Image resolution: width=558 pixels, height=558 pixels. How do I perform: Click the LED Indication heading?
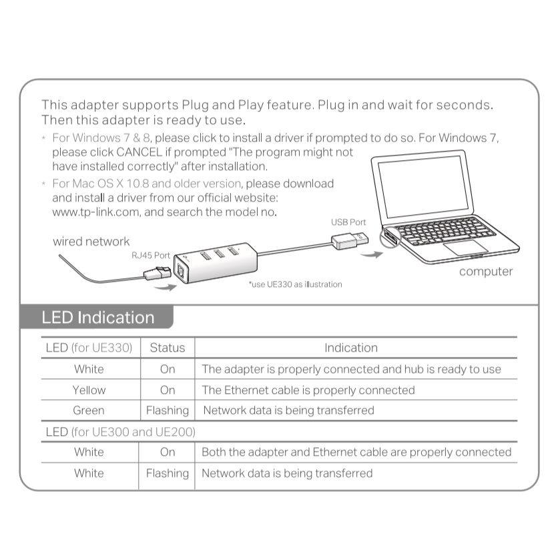(97, 317)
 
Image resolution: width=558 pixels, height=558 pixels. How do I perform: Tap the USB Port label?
(348, 222)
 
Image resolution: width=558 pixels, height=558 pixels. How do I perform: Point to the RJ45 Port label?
(151, 255)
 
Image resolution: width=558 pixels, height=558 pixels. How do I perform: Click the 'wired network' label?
(91, 241)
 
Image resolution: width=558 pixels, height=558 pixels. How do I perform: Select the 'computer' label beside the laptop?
(486, 271)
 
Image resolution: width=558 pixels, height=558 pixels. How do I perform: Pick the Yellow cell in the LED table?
(89, 390)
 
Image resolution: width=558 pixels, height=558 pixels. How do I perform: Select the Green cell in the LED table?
(89, 410)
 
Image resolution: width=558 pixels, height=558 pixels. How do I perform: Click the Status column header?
(168, 348)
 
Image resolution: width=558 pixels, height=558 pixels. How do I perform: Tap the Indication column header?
(351, 348)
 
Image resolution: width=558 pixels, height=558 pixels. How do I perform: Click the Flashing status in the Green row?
(168, 410)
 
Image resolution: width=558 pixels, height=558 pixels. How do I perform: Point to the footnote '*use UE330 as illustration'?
(295, 284)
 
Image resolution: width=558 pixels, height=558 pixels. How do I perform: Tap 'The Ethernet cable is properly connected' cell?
(308, 390)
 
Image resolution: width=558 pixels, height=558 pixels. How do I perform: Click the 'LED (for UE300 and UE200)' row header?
(120, 432)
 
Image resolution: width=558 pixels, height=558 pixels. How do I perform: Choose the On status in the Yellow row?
(168, 390)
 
